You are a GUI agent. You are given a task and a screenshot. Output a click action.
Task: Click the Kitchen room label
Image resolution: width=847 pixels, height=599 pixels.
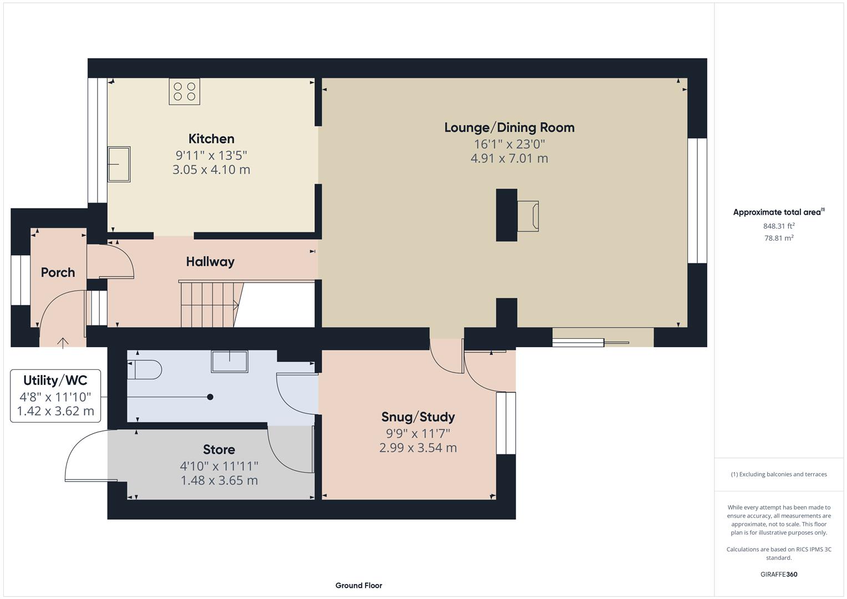point(211,139)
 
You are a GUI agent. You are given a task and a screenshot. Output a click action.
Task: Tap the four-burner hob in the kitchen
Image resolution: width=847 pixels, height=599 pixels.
point(184,92)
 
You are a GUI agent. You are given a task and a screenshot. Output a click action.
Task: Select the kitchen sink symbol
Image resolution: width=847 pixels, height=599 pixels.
point(119,164)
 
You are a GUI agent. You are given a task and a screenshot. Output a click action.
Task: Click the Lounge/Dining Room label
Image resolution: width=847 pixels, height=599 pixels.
point(509,128)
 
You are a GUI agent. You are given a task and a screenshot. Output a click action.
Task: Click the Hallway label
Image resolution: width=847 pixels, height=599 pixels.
point(210,262)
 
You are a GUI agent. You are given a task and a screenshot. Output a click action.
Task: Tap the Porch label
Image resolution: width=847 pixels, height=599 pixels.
point(58,272)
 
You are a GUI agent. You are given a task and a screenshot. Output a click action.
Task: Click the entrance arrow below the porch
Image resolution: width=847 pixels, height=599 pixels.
point(63,343)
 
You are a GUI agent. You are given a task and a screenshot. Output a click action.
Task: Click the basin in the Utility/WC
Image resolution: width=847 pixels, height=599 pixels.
point(229,361)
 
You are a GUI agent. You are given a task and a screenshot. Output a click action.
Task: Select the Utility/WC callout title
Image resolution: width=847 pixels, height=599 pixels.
point(55,380)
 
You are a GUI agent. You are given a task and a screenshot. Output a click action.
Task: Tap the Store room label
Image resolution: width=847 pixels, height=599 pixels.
point(219,450)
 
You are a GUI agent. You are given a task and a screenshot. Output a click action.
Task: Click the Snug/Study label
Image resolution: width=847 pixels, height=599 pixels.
point(418,417)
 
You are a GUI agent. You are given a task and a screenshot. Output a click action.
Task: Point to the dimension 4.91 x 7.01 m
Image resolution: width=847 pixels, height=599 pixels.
point(509,159)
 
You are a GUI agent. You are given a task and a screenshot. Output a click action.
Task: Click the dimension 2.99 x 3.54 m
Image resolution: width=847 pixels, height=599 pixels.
point(418,448)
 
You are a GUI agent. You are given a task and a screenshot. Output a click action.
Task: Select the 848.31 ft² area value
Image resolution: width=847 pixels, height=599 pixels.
point(779,226)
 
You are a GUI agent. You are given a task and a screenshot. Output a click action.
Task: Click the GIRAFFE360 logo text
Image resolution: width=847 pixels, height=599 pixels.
point(779,574)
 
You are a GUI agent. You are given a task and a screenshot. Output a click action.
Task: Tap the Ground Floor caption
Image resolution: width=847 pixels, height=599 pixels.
point(358,585)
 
